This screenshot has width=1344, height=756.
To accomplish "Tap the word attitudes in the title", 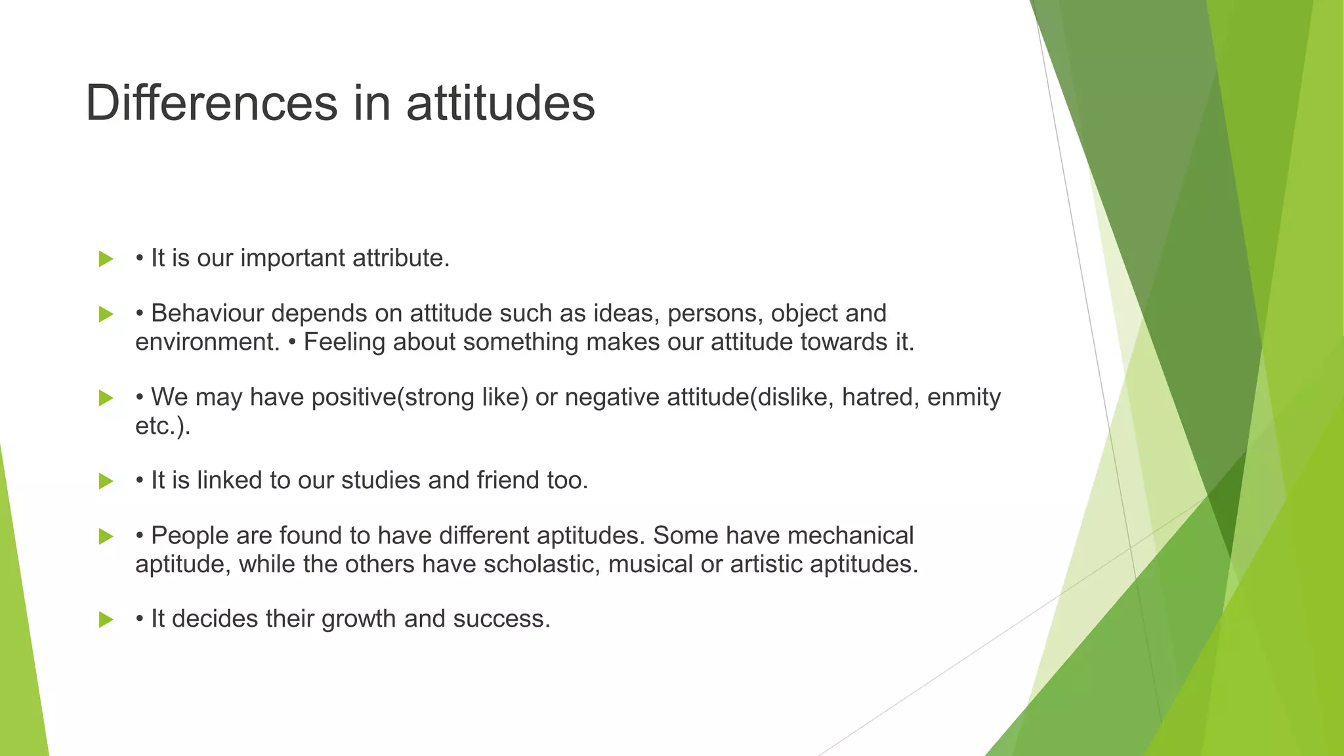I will click(500, 103).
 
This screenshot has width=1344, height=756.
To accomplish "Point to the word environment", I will click(207, 343).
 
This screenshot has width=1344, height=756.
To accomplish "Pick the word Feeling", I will click(345, 343).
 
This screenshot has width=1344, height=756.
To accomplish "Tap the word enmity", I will click(963, 398).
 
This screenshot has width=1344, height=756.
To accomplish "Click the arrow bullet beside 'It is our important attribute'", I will click(106, 259).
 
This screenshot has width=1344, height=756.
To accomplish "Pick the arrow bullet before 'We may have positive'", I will click(106, 398).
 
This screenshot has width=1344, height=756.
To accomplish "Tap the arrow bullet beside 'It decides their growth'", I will click(106, 619).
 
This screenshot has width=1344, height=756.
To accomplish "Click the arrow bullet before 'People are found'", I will click(106, 536).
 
